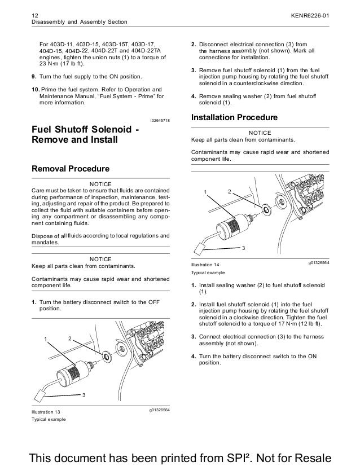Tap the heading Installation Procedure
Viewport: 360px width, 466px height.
point(234,118)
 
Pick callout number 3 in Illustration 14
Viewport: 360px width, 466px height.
point(243,248)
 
